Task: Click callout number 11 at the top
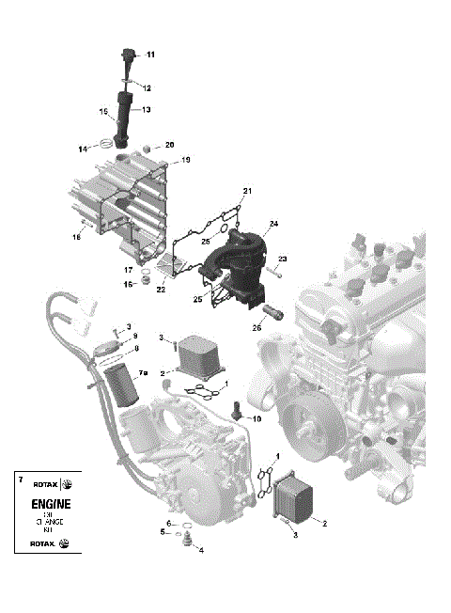pyautogui.click(x=151, y=53)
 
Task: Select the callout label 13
pyautogui.click(x=147, y=109)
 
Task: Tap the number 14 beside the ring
pyautogui.click(x=83, y=149)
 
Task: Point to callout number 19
pyautogui.click(x=185, y=161)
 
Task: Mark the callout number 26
pyautogui.click(x=257, y=328)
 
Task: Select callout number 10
pyautogui.click(x=257, y=418)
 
